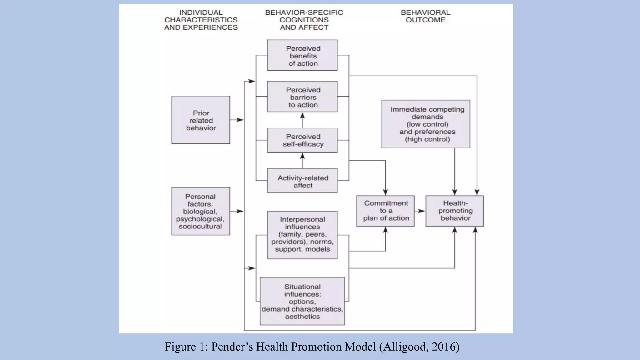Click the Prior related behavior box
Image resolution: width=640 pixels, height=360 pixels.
(201, 120)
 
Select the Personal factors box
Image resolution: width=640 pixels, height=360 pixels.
(201, 211)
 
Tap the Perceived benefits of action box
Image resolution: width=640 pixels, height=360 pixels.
(302, 55)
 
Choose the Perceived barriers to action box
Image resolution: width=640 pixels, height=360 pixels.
(302, 97)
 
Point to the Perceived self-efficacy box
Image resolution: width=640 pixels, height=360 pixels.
(302, 140)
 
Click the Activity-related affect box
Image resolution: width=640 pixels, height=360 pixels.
(302, 181)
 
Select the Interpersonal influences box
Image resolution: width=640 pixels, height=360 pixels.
(302, 235)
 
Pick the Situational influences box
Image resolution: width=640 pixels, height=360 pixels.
(302, 301)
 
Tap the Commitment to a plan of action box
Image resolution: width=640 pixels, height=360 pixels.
(385, 211)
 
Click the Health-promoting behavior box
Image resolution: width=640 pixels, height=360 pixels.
(455, 211)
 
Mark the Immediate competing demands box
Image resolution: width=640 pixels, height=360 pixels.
(426, 124)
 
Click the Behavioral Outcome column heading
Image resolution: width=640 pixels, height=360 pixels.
(425, 16)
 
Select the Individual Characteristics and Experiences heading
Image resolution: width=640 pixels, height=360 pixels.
(201, 20)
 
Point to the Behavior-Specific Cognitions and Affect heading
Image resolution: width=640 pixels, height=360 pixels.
(304, 20)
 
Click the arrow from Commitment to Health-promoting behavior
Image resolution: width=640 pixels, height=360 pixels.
(420, 211)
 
